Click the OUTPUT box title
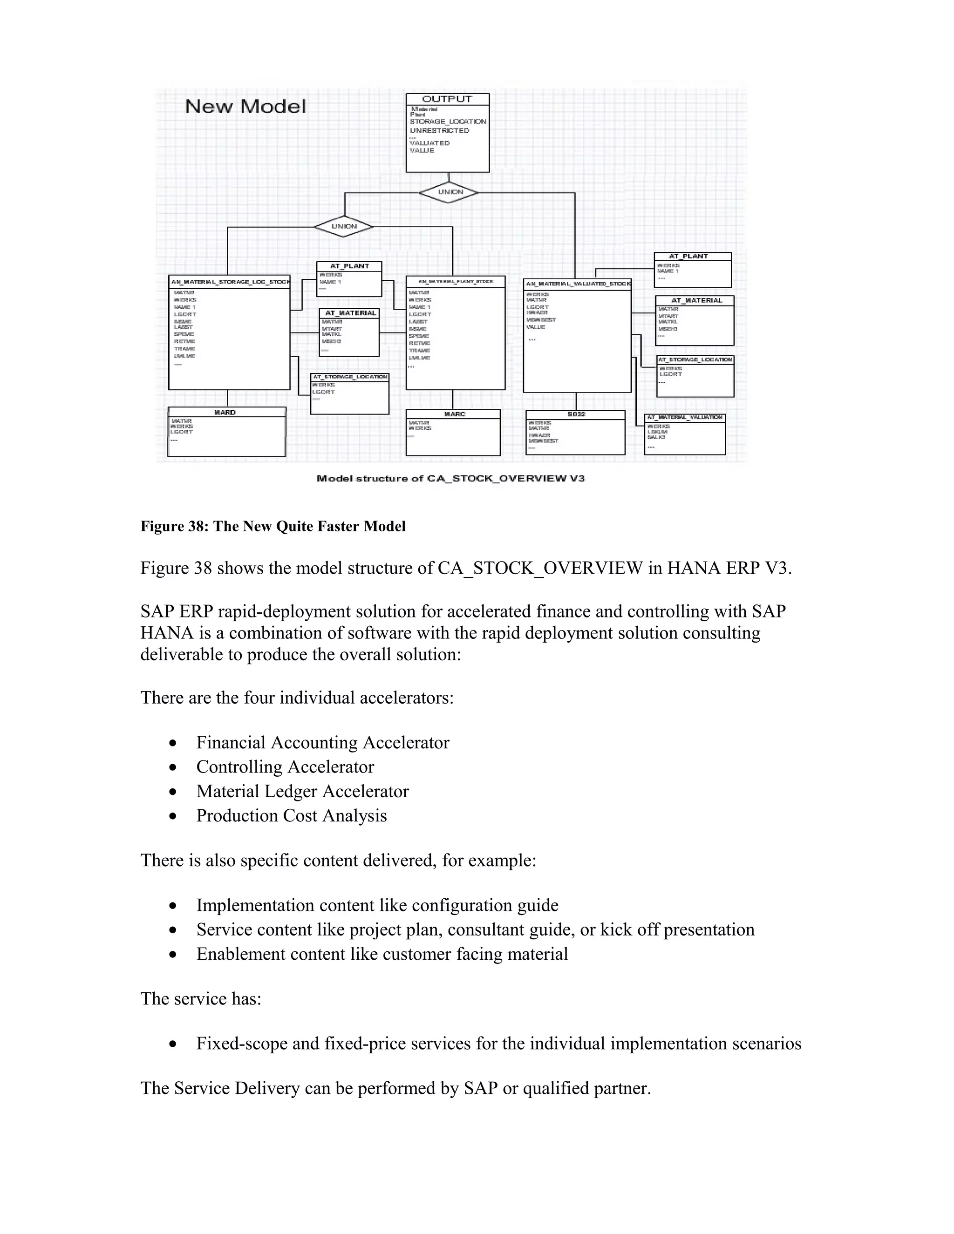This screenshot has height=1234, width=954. tap(447, 99)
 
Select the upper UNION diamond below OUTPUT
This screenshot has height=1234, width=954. tap(450, 192)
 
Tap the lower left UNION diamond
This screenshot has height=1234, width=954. tap(344, 227)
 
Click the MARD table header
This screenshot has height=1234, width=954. tap(225, 413)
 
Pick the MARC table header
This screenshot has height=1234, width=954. tap(454, 414)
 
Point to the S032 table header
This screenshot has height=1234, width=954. tap(575, 414)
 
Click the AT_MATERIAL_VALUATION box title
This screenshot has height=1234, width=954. tap(684, 418)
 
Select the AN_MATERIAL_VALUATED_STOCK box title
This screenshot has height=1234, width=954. tap(577, 284)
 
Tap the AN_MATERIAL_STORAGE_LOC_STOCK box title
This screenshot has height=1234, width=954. tap(230, 281)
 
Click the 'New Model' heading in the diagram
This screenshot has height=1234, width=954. tap(245, 106)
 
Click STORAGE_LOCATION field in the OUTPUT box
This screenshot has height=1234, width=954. tap(448, 122)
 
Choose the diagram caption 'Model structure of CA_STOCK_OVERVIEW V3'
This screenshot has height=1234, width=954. tap(450, 479)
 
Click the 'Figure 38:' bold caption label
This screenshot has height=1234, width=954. tap(175, 526)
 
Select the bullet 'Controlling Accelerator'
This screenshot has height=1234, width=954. tap(285, 767)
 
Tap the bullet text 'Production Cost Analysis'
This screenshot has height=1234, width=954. tap(291, 815)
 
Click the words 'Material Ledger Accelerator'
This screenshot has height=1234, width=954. tap(302, 791)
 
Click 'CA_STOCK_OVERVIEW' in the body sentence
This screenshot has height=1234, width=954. tap(540, 568)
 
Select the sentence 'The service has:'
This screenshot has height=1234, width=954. tap(201, 998)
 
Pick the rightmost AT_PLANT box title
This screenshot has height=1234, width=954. tap(688, 257)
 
